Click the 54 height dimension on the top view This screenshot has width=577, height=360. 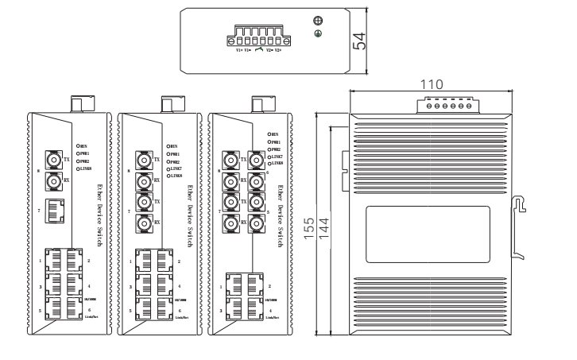click(358, 42)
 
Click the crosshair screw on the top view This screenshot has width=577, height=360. click(319, 21)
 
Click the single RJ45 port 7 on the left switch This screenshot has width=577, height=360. click(53, 211)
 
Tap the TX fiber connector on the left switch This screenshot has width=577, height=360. click(53, 159)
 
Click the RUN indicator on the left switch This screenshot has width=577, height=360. click(77, 146)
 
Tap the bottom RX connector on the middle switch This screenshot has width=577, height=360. click(144, 223)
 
